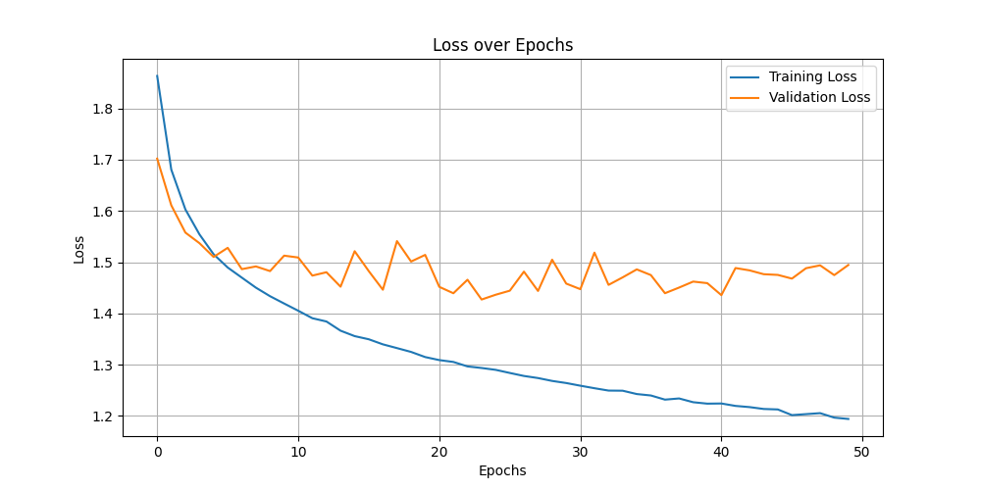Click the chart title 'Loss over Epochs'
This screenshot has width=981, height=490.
point(502,45)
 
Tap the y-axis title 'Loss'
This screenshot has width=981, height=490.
point(79,249)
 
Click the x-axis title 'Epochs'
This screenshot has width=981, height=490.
point(502,470)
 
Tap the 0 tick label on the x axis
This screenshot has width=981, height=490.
point(157,453)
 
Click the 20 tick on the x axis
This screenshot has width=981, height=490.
point(439,453)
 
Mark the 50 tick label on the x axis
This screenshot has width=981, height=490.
point(862,453)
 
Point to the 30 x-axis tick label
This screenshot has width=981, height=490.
point(581,453)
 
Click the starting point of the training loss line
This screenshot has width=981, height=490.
point(157,75)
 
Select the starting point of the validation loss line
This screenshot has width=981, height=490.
point(157,158)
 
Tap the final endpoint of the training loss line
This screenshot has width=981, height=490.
point(849,419)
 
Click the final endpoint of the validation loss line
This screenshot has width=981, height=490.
point(849,264)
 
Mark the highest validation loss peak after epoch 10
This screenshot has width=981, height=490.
point(397,241)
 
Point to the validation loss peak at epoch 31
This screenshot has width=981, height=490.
point(594,253)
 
